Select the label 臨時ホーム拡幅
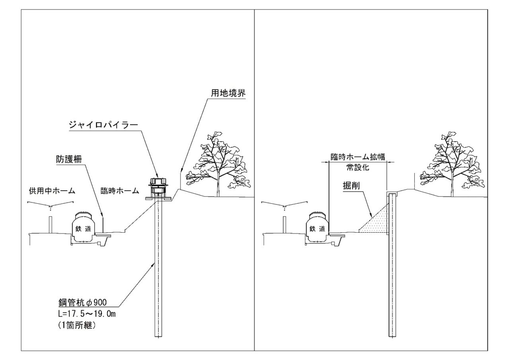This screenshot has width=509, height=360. pos(358,157)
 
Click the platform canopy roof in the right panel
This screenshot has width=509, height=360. pos(284,205)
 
